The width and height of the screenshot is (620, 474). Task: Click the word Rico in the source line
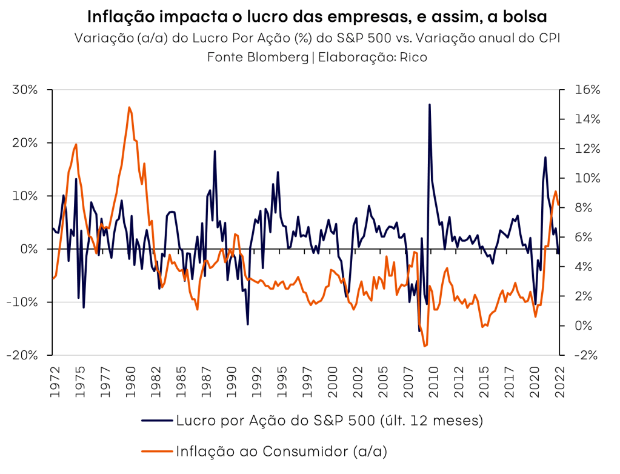pos(413,58)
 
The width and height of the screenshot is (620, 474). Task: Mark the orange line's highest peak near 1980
pos(129,107)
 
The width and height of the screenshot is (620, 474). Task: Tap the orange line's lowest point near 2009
pos(424,346)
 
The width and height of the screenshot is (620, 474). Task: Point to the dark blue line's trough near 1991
pos(247,324)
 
